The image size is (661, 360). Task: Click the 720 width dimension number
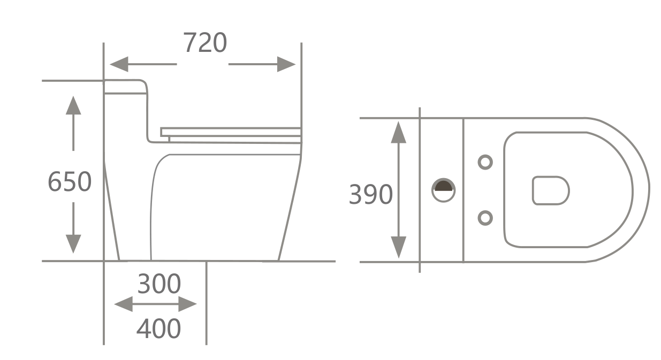click(x=205, y=43)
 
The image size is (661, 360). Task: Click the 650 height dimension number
click(x=70, y=182)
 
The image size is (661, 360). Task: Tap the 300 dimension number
click(x=159, y=284)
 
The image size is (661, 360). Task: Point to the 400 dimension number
click(x=158, y=328)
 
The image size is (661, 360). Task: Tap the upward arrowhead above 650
click(x=73, y=105)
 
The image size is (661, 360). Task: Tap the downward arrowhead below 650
click(x=73, y=244)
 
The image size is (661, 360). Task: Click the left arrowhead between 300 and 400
click(x=124, y=304)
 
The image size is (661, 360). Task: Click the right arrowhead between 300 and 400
click(x=188, y=304)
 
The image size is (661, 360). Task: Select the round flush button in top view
click(x=443, y=190)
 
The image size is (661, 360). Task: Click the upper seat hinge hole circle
click(x=485, y=162)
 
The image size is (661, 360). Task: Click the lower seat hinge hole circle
click(x=485, y=218)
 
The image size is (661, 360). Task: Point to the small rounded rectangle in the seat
click(x=550, y=190)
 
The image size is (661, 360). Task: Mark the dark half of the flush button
click(x=443, y=186)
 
